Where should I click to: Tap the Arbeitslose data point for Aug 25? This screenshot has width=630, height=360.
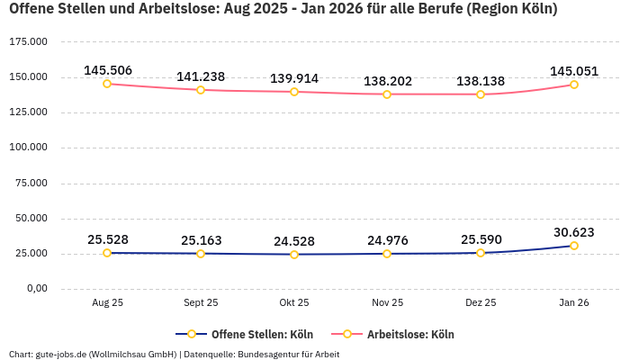(x=107, y=84)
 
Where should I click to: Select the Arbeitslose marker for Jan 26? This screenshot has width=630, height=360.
(x=574, y=85)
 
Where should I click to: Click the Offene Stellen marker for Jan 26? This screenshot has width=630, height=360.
(x=574, y=246)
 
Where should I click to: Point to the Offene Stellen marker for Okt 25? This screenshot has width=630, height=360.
(x=294, y=255)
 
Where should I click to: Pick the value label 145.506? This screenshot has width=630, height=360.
(x=107, y=70)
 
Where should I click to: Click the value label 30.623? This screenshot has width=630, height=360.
(x=574, y=232)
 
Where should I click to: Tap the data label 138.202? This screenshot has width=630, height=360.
(x=388, y=81)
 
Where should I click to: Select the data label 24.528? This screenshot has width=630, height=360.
(x=294, y=241)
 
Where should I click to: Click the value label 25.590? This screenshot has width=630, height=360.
(x=481, y=240)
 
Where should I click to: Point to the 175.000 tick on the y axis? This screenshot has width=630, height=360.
(x=28, y=42)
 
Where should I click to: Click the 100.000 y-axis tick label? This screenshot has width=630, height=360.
(x=28, y=148)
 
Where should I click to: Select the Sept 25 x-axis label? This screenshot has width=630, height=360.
(x=201, y=303)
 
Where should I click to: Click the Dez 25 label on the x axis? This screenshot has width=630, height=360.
(x=481, y=303)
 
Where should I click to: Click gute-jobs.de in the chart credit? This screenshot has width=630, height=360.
(x=63, y=354)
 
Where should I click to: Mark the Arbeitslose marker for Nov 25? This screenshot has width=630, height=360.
(x=388, y=94)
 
